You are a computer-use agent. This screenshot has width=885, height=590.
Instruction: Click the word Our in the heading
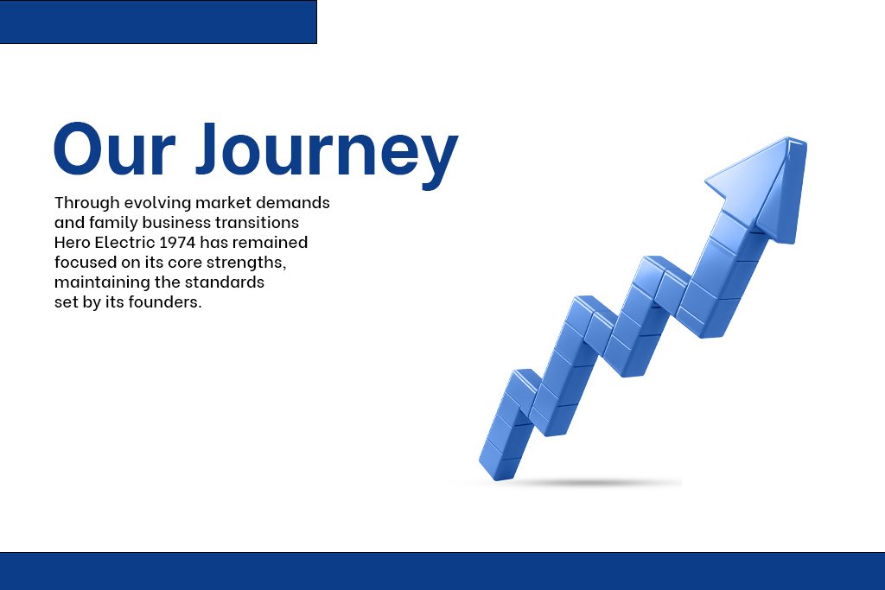click(115, 149)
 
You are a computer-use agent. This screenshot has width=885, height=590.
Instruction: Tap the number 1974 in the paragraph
click(178, 243)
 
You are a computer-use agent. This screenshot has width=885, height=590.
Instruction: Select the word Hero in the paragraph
click(73, 243)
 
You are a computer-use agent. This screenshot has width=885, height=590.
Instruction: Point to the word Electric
click(124, 243)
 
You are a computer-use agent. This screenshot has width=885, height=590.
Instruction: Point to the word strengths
click(246, 263)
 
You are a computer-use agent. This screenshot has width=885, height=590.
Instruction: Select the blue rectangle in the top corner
click(158, 22)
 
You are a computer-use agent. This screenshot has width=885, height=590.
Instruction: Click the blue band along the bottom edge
click(442, 571)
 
